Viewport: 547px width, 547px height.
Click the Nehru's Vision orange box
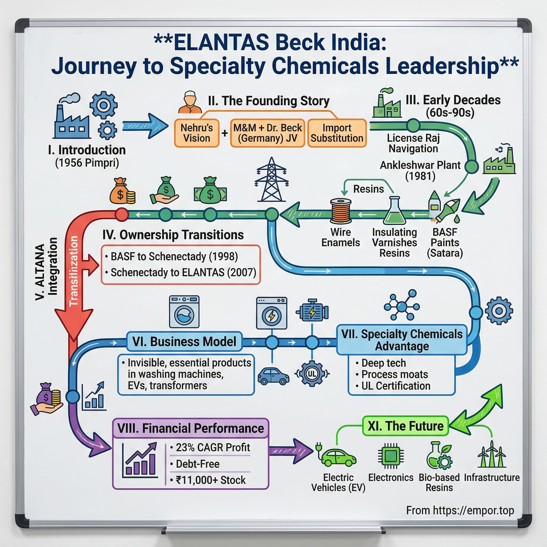click(x=197, y=133)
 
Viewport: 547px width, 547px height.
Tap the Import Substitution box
click(x=337, y=133)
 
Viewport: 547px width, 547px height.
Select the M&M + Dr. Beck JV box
click(x=267, y=133)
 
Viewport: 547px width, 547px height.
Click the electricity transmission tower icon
click(x=272, y=179)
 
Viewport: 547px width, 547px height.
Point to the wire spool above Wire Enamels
click(x=341, y=211)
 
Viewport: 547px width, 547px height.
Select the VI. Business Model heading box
click(x=184, y=341)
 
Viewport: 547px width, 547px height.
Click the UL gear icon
click(x=312, y=374)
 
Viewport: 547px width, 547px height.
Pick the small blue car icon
click(x=273, y=376)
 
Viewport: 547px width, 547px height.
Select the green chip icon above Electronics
click(x=391, y=456)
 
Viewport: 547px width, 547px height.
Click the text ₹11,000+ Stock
click(x=211, y=480)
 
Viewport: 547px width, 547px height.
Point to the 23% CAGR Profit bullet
click(x=213, y=448)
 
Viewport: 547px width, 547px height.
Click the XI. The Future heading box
click(x=405, y=426)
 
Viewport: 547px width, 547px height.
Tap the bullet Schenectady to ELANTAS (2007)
click(x=183, y=272)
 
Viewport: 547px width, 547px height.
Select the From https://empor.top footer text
click(x=460, y=510)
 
